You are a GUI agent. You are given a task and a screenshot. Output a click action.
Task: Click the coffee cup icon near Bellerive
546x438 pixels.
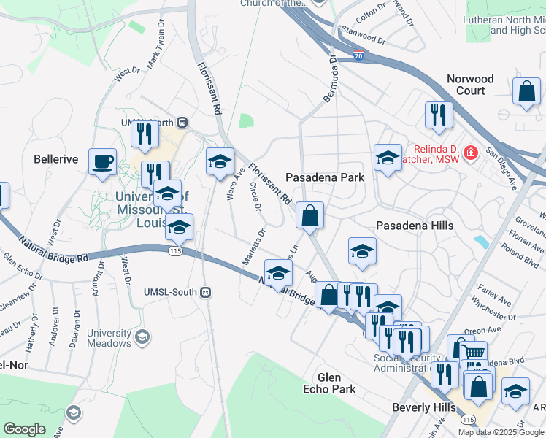click(102, 161)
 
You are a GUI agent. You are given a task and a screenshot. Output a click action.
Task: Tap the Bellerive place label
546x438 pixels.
click(55, 158)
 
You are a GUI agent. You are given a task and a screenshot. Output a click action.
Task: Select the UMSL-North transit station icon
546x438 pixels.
click(183, 123)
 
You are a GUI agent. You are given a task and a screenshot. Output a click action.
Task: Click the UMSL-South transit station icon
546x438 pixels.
click(206, 292)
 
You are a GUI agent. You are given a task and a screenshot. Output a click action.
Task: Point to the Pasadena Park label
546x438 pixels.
click(324, 177)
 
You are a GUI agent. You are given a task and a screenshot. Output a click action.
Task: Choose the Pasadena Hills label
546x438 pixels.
click(414, 226)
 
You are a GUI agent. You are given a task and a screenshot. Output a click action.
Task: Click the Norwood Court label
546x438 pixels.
click(470, 85)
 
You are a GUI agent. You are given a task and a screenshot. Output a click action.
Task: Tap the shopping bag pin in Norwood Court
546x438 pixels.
click(526, 92)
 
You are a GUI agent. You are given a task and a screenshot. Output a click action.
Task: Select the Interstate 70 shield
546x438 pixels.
click(357, 55)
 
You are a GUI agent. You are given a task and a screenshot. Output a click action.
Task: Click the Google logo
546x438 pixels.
click(24, 429)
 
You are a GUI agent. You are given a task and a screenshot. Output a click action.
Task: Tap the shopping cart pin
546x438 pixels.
click(474, 353)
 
